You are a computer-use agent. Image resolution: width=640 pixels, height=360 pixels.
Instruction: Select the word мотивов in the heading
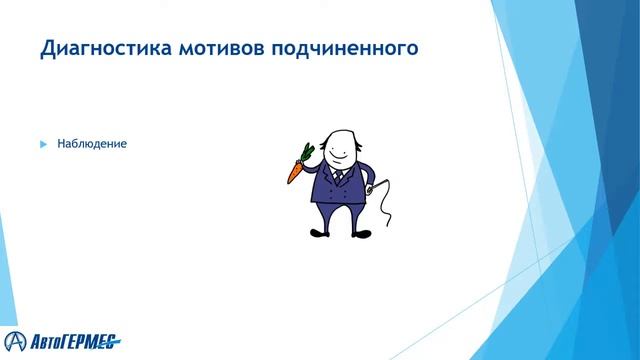click(208, 48)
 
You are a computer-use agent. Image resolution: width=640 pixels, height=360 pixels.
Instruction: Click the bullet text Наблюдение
click(92, 144)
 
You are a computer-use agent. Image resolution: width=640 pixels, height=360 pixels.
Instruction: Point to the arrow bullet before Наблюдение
click(43, 144)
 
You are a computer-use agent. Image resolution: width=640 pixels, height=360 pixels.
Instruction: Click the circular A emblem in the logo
click(15, 337)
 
